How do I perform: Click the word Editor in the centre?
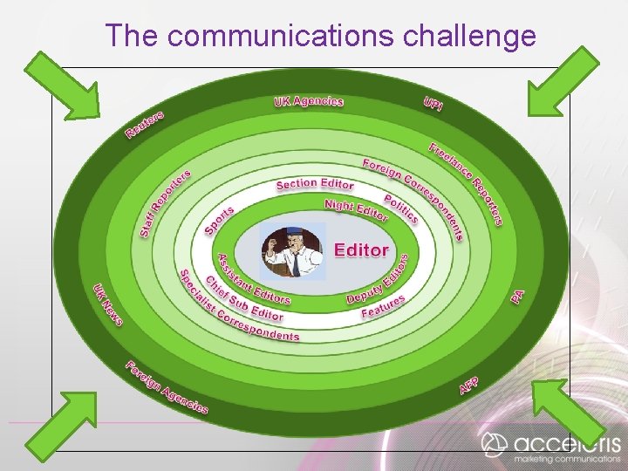[x=361, y=250]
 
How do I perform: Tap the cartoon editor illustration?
[x=292, y=251]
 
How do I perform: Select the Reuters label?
[x=145, y=125]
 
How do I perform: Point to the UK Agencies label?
[x=309, y=101]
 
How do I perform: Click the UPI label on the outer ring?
[x=433, y=104]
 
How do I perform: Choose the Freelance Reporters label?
[x=466, y=183]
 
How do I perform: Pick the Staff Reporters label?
[x=165, y=202]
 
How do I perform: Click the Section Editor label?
[x=315, y=184]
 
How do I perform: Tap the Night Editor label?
[x=356, y=210]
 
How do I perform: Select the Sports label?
[x=219, y=220]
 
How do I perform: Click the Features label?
[x=383, y=307]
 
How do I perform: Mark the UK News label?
[x=108, y=304]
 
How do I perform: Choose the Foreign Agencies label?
[x=167, y=387]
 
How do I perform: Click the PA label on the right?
[x=518, y=297]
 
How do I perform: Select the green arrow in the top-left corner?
[x=63, y=85]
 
